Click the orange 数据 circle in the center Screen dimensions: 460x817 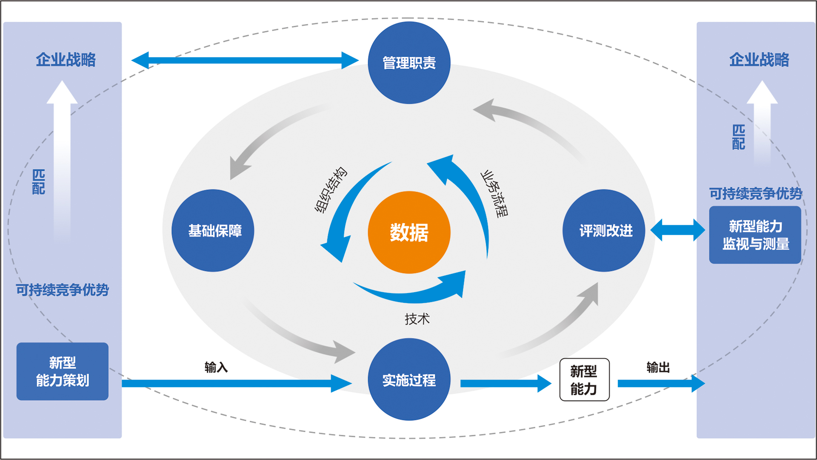pos(409,232)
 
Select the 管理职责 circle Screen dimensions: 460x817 pos(409,63)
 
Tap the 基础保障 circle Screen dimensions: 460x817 pos(213,230)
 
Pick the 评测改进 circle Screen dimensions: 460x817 pos(604,230)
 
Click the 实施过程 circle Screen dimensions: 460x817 pos(409,379)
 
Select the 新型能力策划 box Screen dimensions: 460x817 pos(63,371)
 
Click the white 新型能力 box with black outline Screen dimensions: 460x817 pos(584,379)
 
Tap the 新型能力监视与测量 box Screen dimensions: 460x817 pos(755,235)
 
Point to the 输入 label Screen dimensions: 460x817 pos(216,367)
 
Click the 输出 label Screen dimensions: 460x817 pos(658,367)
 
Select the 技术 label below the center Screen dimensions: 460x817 pos(417,319)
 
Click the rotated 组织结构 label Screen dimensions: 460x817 pos(331,190)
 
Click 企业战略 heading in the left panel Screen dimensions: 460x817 pos(66,60)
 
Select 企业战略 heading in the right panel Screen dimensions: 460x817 pos(759,60)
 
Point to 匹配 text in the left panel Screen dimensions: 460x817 pos(39,182)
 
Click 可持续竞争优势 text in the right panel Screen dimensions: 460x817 pos(755,193)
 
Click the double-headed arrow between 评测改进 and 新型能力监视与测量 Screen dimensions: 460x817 pos(677,230)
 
